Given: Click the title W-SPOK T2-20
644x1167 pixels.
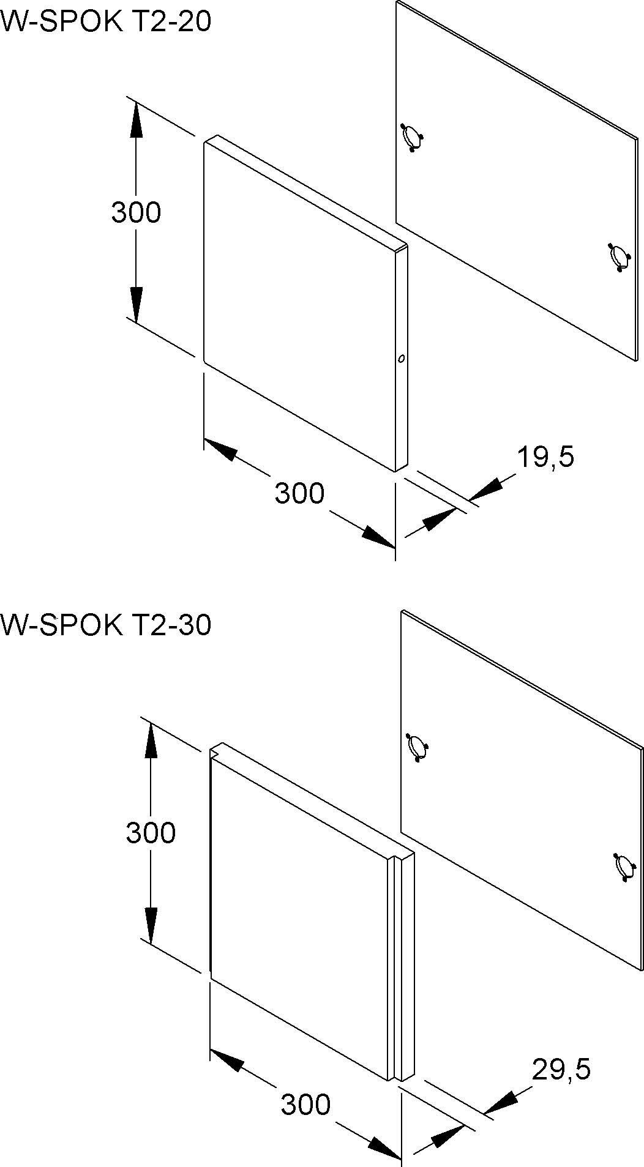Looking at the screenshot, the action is click(x=105, y=22).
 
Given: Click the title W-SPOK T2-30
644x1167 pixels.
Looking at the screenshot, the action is click(x=105, y=625).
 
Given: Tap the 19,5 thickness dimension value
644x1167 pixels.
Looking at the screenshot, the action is click(x=545, y=457).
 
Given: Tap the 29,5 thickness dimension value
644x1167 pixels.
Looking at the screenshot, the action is click(x=561, y=1069).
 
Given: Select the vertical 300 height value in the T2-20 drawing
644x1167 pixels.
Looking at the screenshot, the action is click(x=136, y=212).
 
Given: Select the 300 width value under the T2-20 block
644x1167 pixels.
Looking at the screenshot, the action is click(x=299, y=493).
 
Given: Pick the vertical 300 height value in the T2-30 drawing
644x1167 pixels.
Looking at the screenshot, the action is click(x=151, y=832).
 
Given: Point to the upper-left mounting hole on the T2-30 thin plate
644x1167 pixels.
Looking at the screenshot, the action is click(x=417, y=747).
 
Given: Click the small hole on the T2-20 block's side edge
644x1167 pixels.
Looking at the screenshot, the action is click(x=401, y=359).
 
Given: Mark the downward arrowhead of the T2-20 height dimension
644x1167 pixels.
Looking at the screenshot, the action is click(x=136, y=304).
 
